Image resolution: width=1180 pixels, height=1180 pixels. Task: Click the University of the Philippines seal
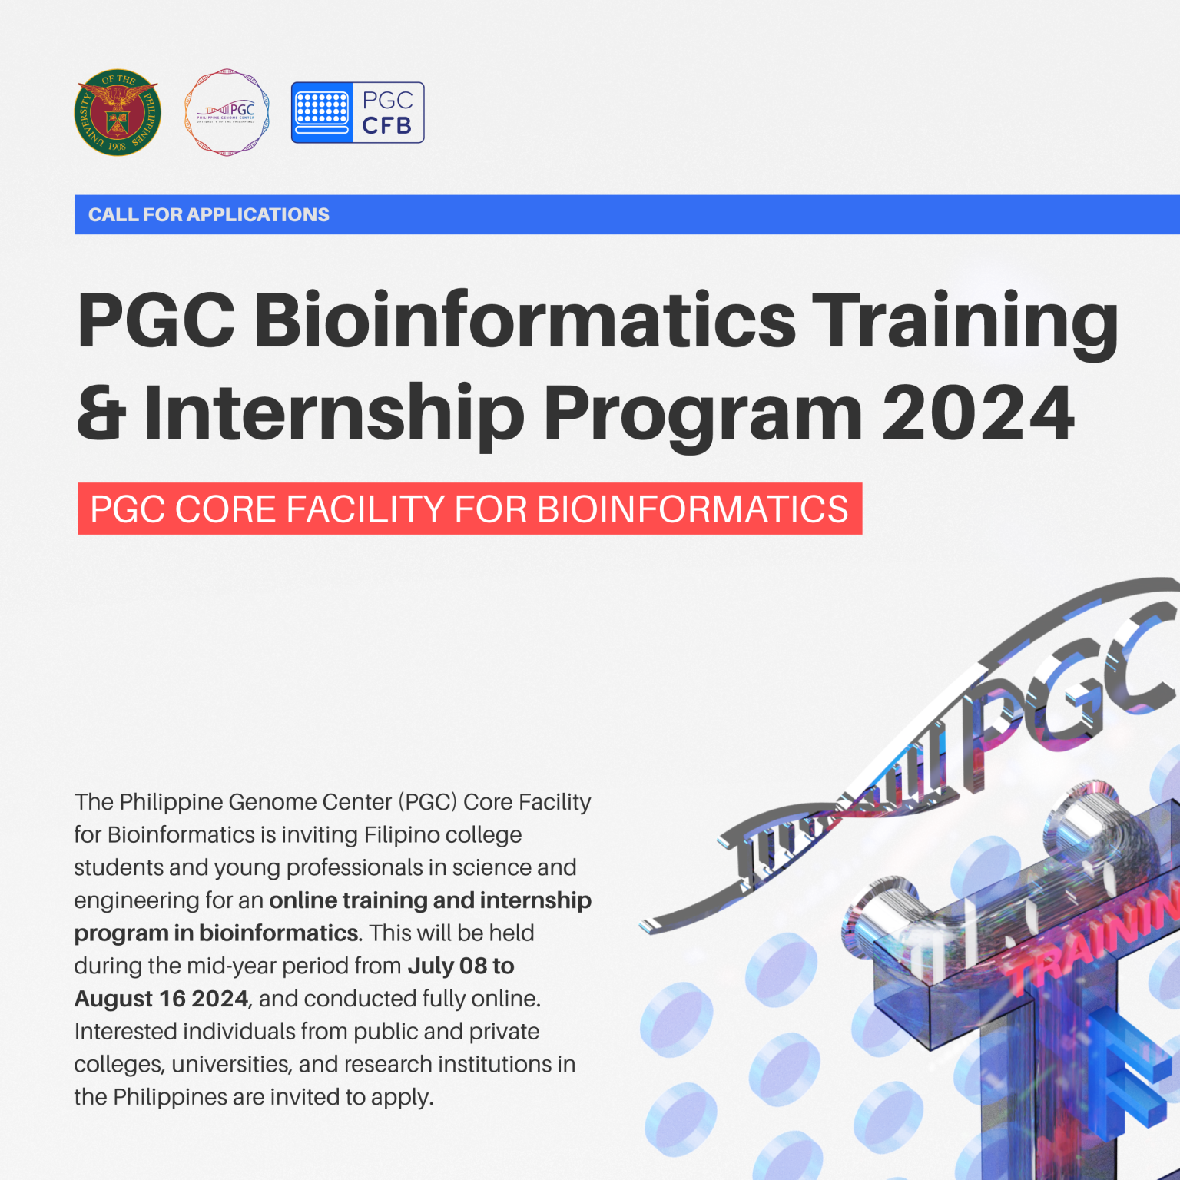point(118,112)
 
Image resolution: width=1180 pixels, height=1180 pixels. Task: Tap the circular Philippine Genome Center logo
point(227,112)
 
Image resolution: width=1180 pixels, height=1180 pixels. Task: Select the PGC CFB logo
point(357,112)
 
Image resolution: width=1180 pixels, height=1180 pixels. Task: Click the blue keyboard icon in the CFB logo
point(322,112)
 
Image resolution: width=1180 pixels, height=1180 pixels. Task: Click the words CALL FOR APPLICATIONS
point(208,214)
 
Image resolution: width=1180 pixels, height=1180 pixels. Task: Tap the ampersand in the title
point(101,413)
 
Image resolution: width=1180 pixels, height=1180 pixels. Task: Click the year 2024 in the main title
point(978,413)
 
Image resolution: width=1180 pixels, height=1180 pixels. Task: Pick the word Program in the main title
point(703,413)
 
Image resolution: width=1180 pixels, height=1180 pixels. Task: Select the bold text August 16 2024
point(161,999)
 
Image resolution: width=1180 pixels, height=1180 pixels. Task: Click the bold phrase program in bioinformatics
point(217,933)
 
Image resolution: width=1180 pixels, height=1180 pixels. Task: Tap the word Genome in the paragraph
point(272,802)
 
